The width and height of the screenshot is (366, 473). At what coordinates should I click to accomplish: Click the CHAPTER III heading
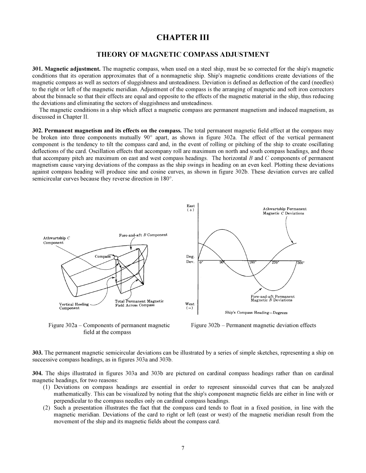pos(183,37)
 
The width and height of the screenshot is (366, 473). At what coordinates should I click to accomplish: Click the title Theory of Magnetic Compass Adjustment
pos(183,55)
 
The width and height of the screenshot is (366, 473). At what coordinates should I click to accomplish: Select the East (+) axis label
pos(190,208)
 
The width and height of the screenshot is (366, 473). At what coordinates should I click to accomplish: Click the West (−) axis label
pos(190,306)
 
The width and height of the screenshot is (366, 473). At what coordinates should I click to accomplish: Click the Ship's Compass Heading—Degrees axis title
pos(256,313)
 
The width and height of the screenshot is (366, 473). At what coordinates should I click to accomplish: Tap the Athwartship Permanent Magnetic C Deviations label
pos(284,211)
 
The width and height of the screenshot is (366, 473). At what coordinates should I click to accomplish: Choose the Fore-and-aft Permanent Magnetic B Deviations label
pos(272,298)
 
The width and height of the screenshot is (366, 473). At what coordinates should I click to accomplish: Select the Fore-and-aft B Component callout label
pos(143,235)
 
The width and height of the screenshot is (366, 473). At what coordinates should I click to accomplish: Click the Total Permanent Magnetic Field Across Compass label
pos(139,303)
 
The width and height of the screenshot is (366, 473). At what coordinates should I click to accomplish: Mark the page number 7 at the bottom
pos(183,448)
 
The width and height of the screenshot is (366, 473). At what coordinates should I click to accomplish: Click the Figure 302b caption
pos(253,325)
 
